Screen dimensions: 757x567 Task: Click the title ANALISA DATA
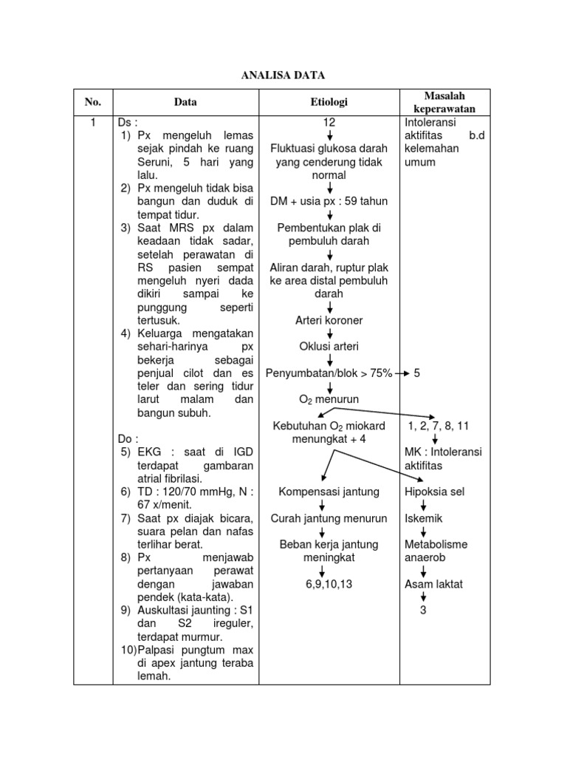(283, 75)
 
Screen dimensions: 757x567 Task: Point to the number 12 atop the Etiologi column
(329, 122)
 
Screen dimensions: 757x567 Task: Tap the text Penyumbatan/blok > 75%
(329, 373)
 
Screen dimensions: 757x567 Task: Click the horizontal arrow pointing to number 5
(402, 374)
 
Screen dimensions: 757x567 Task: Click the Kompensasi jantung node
(329, 492)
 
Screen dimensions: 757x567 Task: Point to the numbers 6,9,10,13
(329, 584)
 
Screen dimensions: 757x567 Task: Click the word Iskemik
(423, 518)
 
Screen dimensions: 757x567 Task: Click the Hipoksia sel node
(435, 492)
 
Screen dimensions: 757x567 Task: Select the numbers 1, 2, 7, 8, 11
(439, 427)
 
